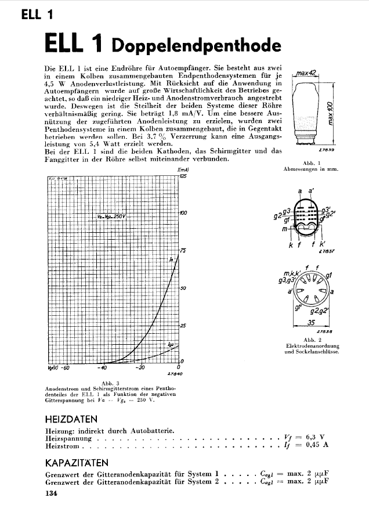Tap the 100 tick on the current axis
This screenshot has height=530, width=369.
pos(183,214)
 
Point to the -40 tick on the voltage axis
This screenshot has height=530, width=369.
pos(103,367)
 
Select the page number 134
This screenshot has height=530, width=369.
pos(52,495)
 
